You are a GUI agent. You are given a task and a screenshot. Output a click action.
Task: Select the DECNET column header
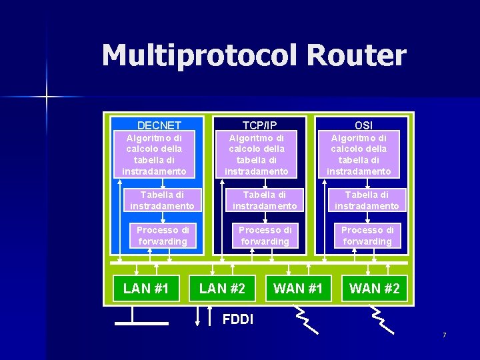159,125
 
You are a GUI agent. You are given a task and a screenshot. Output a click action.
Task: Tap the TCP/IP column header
259,125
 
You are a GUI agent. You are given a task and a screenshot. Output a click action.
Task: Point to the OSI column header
363,125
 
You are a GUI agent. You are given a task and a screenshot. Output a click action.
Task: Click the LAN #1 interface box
146,288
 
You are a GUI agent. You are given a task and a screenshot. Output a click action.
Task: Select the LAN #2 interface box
222,288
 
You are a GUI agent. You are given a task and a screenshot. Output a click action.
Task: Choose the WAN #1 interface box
298,288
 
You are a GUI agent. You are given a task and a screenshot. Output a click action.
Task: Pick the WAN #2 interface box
374,288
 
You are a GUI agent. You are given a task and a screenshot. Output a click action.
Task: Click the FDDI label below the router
237,319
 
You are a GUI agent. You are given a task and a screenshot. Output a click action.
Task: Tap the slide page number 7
444,334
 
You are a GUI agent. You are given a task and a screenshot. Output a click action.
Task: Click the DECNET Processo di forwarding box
163,235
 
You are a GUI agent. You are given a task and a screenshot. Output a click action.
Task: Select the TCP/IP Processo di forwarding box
265,235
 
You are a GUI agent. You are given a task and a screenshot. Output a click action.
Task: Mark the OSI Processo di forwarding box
367,235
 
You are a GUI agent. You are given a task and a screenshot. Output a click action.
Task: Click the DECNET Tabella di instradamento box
162,200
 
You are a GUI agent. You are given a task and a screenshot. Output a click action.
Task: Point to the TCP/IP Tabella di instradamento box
265,200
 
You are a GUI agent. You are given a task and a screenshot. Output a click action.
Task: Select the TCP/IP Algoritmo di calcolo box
257,154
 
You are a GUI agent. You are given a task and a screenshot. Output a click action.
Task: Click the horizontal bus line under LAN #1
141,323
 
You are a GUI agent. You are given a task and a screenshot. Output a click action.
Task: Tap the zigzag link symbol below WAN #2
383,320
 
